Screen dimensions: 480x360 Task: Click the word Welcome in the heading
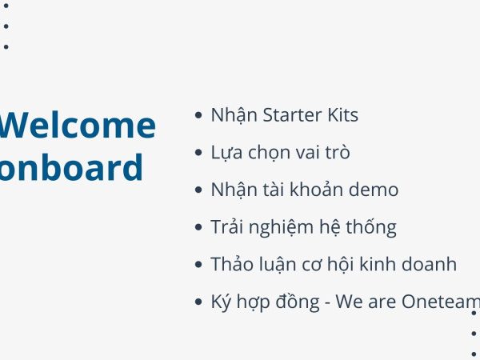pos(78,125)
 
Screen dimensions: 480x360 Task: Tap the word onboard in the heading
pos(71,167)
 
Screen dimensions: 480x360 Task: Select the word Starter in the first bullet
pos(293,115)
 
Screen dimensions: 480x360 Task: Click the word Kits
pos(343,115)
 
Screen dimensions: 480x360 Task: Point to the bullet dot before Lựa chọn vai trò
pos(198,152)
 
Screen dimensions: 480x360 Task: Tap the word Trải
pos(226,227)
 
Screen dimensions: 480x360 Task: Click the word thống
pos(371,227)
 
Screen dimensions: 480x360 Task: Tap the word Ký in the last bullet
pos(221,302)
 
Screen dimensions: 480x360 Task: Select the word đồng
pos(298,302)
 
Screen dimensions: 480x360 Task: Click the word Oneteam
pos(441,302)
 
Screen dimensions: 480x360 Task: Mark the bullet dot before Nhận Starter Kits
pos(198,114)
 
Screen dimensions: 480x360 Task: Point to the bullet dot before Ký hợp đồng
pos(198,302)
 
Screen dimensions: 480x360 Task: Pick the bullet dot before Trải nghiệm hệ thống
pos(198,227)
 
